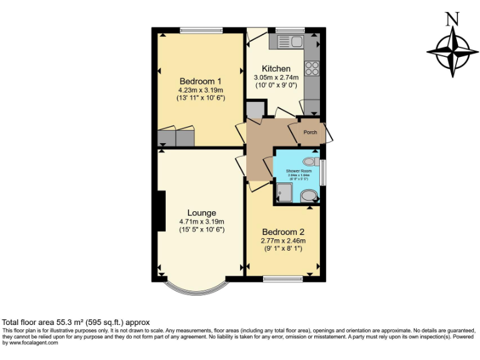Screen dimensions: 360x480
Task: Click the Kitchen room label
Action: (x=276, y=69)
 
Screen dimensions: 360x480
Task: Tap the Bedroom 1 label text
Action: (x=201, y=81)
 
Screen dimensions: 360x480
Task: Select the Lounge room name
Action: (x=201, y=213)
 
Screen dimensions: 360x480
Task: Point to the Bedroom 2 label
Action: (x=282, y=232)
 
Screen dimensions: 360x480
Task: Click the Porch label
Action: (x=310, y=132)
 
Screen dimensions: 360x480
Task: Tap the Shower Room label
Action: (x=297, y=171)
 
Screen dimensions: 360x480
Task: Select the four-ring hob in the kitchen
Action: (x=311, y=68)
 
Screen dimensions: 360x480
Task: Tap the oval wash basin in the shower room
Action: (x=309, y=197)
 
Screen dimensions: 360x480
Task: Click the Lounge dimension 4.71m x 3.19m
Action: (x=201, y=222)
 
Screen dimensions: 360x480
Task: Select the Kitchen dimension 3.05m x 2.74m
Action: (x=276, y=77)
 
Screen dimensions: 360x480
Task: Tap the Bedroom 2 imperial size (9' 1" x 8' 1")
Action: (x=282, y=249)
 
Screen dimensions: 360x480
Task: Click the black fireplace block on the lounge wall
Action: (x=161, y=211)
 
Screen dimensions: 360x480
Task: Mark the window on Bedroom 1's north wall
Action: (x=201, y=30)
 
